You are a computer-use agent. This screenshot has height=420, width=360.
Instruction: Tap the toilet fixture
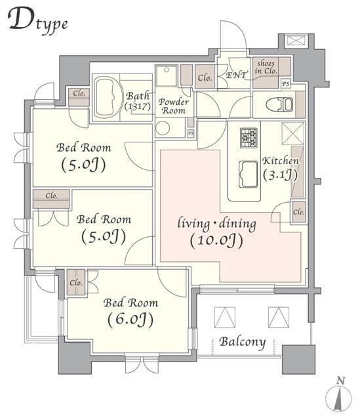280,104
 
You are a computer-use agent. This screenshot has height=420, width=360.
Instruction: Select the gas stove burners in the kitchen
249,138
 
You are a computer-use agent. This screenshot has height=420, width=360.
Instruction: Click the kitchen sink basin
249,174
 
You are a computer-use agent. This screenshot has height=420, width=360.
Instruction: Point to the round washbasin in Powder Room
163,128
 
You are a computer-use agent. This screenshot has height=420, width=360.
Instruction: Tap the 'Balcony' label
243,342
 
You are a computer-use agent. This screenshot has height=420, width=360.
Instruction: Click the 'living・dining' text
217,224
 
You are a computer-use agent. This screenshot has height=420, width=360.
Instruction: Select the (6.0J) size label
130,320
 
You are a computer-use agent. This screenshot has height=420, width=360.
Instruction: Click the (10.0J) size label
216,240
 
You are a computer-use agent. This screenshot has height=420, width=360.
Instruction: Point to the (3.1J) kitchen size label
280,175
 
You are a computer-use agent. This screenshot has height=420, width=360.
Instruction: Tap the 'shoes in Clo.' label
266,67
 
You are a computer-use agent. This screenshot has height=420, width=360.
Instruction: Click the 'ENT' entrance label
236,75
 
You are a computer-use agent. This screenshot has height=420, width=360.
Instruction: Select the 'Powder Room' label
173,106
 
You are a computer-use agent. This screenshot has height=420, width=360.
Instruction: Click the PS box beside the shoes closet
286,84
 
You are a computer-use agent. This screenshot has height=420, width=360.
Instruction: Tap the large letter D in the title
21,18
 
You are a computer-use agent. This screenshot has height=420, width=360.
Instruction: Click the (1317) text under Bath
138,106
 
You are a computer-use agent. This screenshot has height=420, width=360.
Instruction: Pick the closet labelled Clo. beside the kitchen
298,212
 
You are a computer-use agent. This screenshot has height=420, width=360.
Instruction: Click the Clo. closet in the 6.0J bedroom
76,283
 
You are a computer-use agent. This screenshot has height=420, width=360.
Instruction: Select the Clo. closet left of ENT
205,77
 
